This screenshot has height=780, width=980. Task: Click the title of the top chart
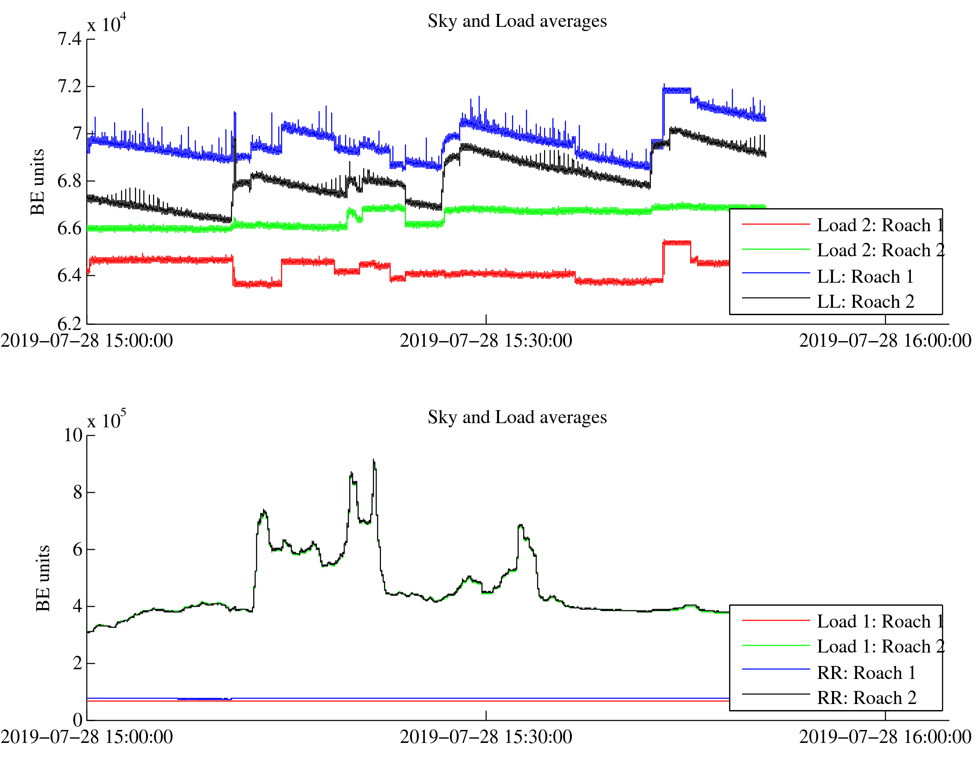click(517, 21)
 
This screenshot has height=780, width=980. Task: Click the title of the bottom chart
click(517, 418)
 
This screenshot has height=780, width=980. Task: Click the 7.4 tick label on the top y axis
click(70, 39)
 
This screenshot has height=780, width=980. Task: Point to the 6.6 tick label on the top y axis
click(70, 228)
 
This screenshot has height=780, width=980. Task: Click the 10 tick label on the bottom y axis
click(73, 435)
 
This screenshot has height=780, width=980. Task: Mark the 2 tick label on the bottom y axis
click(77, 663)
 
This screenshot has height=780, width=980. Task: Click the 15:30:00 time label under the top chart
click(486, 341)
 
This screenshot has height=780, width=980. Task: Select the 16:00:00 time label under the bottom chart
click(885, 737)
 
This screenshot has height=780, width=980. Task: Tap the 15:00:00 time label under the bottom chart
click(87, 737)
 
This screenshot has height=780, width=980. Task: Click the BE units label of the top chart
click(38, 182)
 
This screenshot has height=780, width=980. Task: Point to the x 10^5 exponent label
click(107, 419)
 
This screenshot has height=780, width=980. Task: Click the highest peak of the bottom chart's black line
click(373, 460)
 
